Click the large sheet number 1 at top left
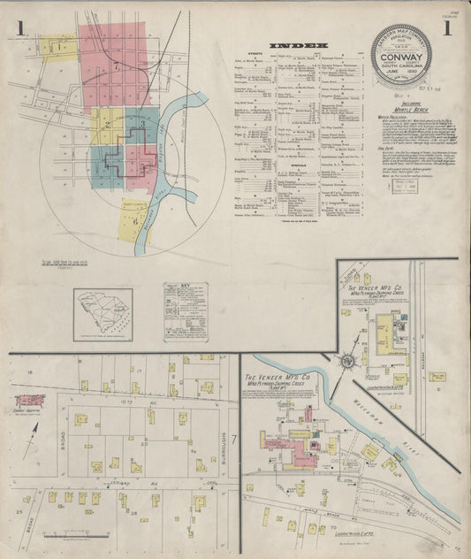point(19,29)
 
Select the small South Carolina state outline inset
point(103,311)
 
